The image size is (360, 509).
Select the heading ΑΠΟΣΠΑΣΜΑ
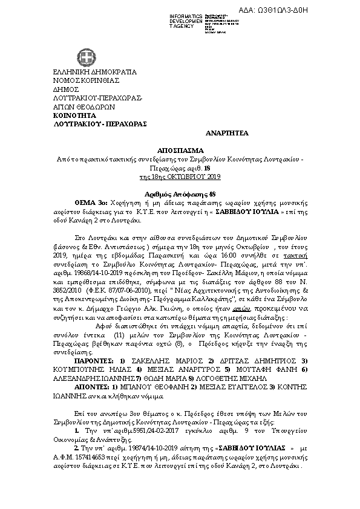coord(180,149)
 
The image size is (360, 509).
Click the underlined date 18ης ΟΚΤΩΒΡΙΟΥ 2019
coord(180,177)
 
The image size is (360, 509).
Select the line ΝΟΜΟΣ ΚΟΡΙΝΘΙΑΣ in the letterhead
coord(87,80)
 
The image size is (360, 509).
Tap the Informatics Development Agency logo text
coord(185,19)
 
